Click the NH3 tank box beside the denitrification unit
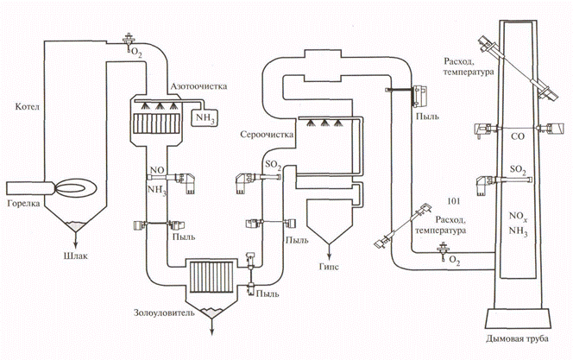(206, 117)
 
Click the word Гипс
(327, 258)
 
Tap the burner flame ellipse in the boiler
(68, 187)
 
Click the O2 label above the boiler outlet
(135, 53)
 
